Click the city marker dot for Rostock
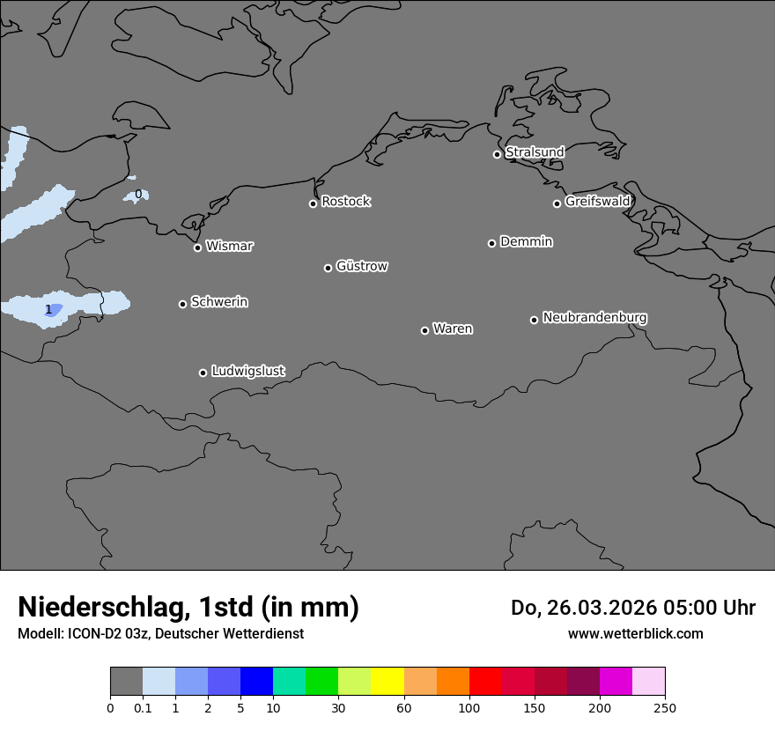click(x=313, y=203)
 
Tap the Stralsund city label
click(x=535, y=152)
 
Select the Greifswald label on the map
click(x=597, y=202)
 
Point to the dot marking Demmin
click(x=491, y=243)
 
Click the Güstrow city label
click(x=362, y=266)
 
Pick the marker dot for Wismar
click(x=197, y=247)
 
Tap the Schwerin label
click(x=219, y=302)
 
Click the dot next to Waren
click(x=424, y=330)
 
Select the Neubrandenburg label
click(x=594, y=318)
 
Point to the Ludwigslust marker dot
click(x=203, y=373)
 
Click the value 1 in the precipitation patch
click(x=48, y=310)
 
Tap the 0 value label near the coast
click(x=137, y=194)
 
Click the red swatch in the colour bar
click(x=485, y=682)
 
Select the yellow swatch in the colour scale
click(x=387, y=682)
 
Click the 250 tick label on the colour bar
click(x=665, y=708)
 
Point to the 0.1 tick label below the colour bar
click(x=143, y=708)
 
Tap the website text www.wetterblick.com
click(x=635, y=634)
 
